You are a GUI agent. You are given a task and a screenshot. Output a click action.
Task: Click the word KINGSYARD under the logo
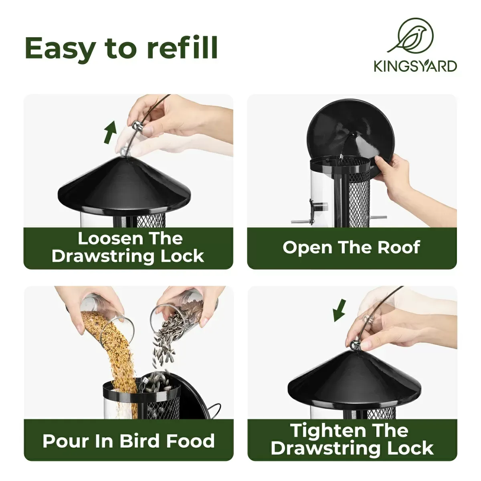coord(415,66)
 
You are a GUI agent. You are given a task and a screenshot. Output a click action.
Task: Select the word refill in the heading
coord(182,48)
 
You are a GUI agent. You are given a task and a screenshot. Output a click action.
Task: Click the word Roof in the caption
coord(399,247)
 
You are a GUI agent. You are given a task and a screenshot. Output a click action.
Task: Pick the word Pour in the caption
coord(64,441)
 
